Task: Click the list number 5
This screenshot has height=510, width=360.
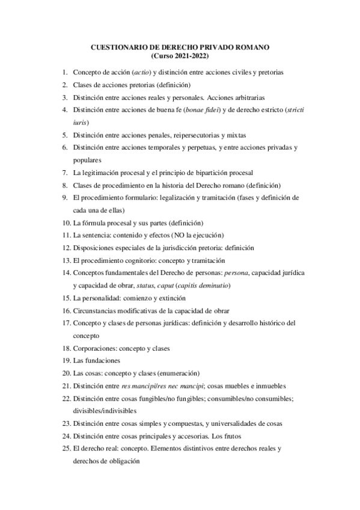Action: [x=65, y=134]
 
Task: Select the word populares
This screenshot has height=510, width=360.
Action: [x=87, y=159]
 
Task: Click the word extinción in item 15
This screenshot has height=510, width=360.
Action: [x=171, y=298]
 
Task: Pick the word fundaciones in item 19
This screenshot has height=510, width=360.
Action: [x=102, y=360]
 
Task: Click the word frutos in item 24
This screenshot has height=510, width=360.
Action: [x=245, y=436]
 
